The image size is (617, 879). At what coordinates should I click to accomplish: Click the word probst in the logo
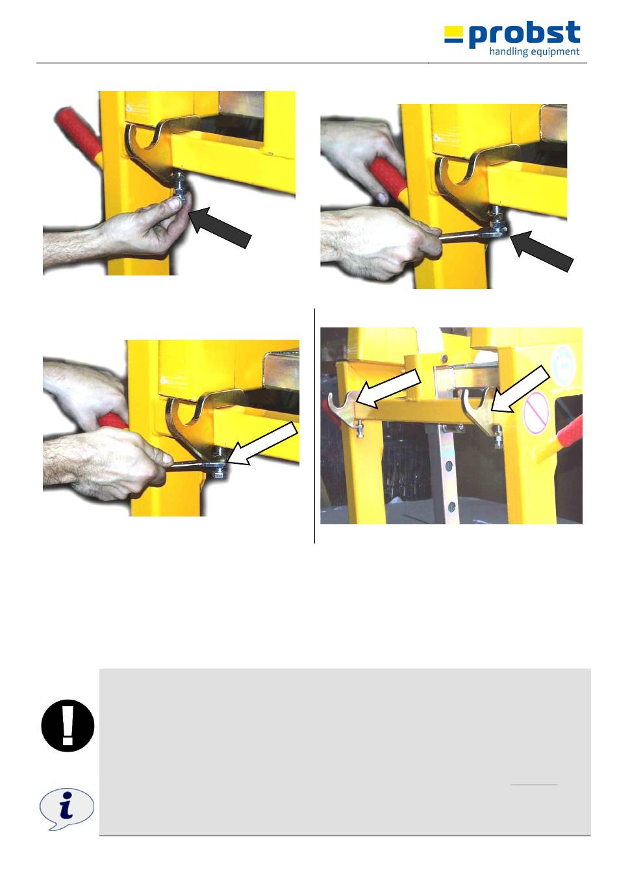(524, 34)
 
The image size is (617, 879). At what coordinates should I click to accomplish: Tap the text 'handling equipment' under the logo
(534, 52)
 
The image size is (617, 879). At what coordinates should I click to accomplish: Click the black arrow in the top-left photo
(220, 227)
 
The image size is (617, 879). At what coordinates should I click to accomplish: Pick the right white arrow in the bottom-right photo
(520, 389)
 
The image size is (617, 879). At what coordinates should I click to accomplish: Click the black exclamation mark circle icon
(68, 726)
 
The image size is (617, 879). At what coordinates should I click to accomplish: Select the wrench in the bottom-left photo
(196, 465)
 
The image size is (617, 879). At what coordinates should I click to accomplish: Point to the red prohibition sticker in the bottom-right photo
(535, 413)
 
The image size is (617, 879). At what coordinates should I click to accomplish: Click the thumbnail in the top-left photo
(174, 203)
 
